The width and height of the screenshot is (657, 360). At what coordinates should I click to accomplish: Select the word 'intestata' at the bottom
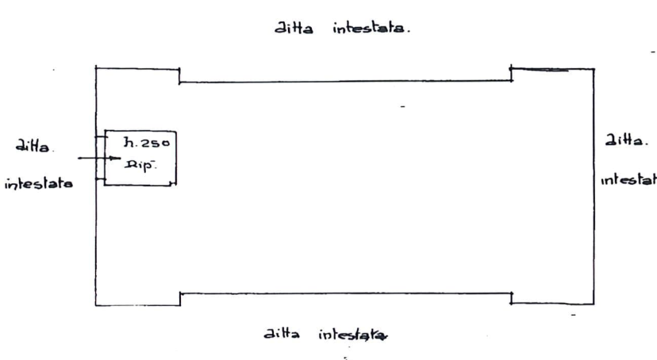pos(353,335)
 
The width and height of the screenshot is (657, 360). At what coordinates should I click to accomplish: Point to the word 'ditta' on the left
pos(33,145)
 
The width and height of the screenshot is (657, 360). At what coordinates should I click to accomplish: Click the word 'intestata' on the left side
pos(38,184)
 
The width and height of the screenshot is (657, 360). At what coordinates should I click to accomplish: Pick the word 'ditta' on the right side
pos(623,141)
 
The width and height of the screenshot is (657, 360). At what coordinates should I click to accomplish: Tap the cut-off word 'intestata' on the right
pos(629,181)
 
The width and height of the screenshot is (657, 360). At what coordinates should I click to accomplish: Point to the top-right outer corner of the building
pos(594,70)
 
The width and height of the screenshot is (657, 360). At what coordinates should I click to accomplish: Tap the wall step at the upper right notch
pos(512,75)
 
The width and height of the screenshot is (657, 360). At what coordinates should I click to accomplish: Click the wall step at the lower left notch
pos(182,297)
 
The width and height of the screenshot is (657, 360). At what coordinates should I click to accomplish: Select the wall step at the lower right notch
pos(511,296)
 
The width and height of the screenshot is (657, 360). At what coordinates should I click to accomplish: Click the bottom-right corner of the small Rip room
pos(176,188)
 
